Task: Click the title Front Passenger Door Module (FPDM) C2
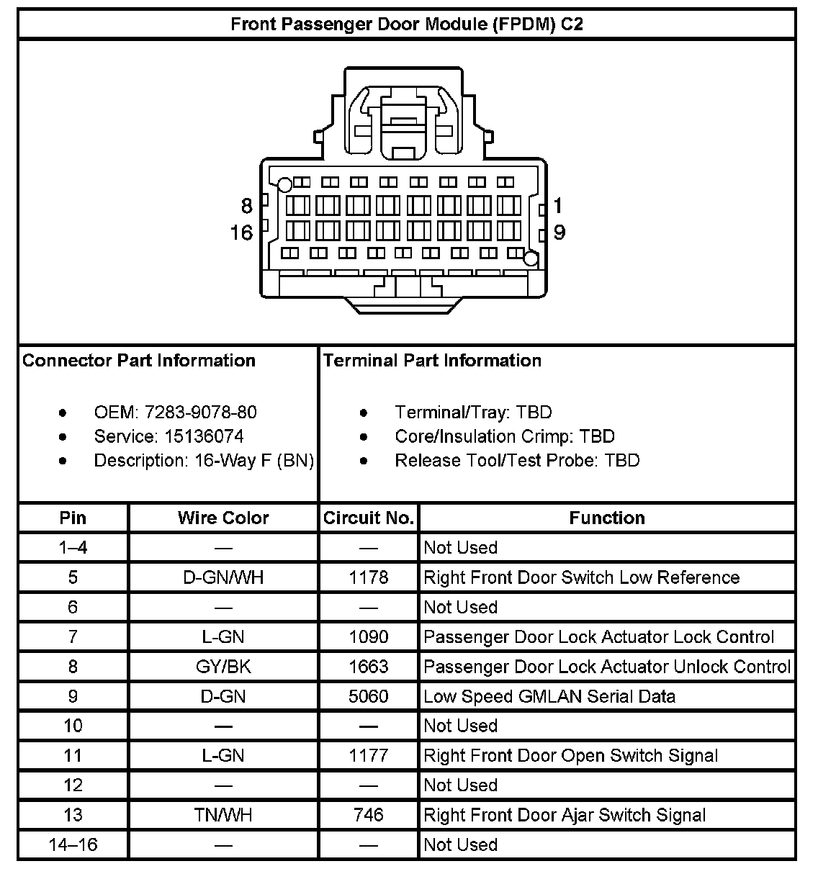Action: point(407,24)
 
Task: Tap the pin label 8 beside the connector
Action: point(247,207)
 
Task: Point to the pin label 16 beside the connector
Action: point(242,233)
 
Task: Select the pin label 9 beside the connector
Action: point(559,233)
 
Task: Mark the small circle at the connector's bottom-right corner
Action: point(531,259)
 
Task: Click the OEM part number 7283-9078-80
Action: point(200,413)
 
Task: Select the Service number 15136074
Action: point(204,436)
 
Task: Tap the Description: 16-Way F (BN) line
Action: point(204,461)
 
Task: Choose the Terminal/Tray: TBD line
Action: point(473,413)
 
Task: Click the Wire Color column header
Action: point(223,518)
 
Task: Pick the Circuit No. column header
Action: point(369,518)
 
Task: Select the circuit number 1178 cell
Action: point(369,577)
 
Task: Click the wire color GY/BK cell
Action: point(223,667)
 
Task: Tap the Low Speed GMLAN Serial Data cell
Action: point(549,696)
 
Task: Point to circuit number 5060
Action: point(369,696)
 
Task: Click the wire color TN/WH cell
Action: point(223,815)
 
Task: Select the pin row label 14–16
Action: point(73,844)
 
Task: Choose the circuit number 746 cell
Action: point(369,815)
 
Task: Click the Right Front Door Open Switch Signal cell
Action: point(570,756)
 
